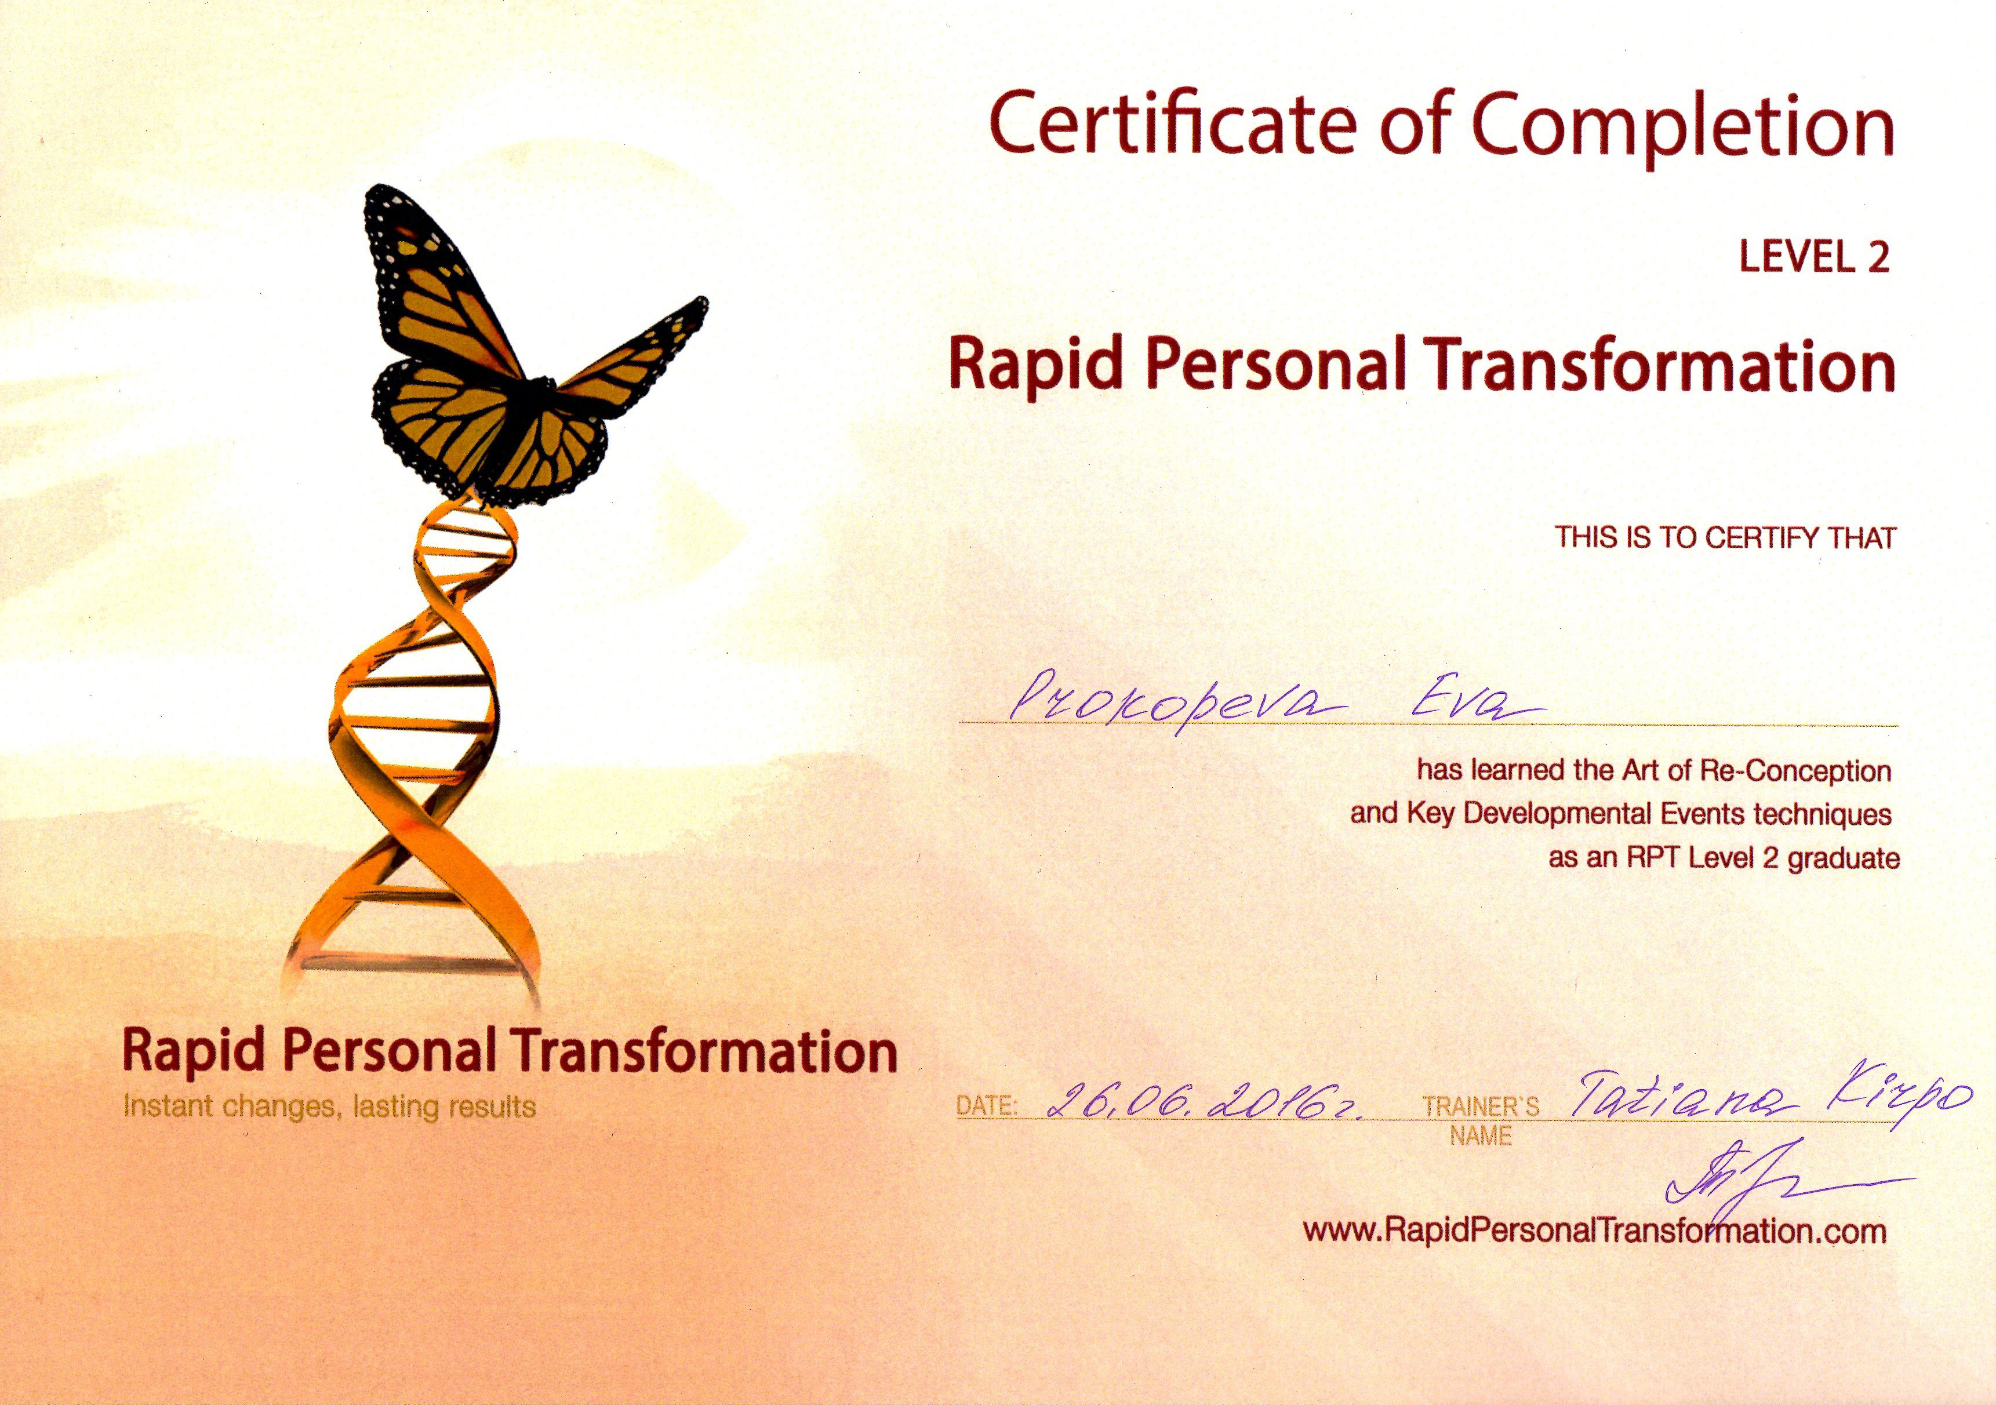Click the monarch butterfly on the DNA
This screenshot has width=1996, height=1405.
[x=522, y=356]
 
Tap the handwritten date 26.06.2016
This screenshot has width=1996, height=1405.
[x=1204, y=1101]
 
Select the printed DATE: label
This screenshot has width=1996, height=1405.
[x=987, y=1106]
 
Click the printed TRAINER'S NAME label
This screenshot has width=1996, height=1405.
[x=1481, y=1122]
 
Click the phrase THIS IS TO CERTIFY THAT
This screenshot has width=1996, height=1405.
[x=1725, y=537]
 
